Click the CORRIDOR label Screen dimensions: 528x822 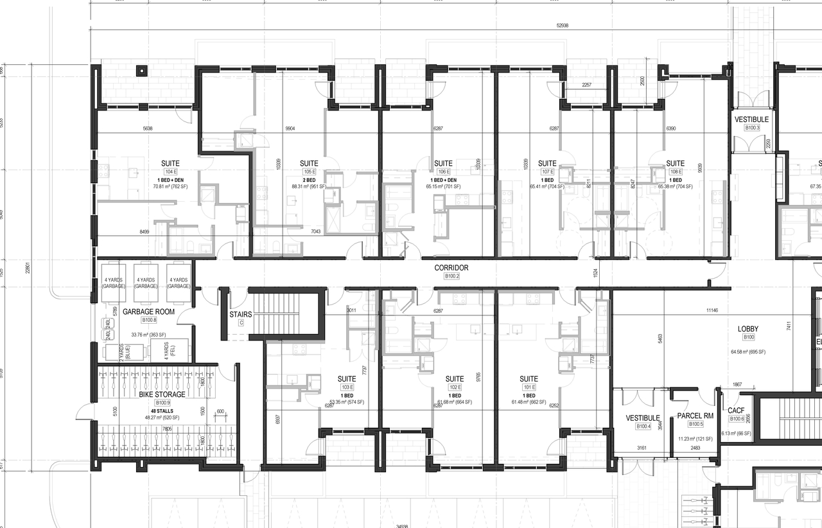451,268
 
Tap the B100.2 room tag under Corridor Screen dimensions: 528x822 453,276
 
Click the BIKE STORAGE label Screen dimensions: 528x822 162,394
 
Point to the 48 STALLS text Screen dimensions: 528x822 162,410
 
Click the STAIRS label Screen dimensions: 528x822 241,315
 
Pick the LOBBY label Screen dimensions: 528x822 749,329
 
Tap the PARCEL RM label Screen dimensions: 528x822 695,416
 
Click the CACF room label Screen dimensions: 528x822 736,410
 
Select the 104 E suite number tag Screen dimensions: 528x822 171,172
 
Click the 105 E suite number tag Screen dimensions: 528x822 310,172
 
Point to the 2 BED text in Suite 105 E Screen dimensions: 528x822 310,180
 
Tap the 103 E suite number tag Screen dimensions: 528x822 347,387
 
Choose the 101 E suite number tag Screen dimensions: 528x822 529,387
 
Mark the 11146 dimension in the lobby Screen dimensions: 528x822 712,310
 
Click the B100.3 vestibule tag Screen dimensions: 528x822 752,128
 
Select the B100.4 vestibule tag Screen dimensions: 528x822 643,427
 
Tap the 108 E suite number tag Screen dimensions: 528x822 675,172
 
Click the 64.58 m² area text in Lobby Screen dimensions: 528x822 749,352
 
